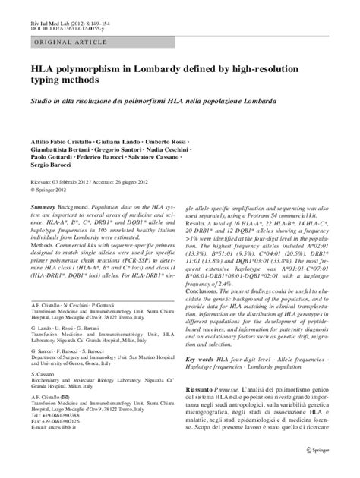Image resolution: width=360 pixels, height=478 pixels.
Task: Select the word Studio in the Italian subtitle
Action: (x=43, y=101)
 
